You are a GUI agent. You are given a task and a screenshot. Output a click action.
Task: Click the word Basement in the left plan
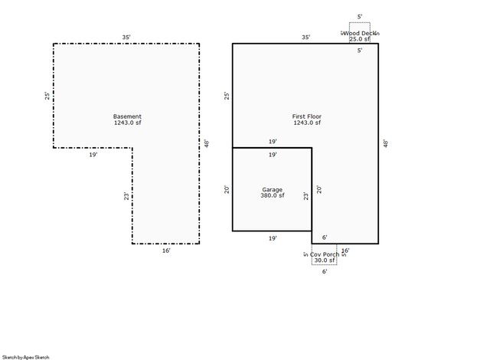(127, 116)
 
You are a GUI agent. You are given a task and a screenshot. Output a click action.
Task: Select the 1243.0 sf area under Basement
(127, 123)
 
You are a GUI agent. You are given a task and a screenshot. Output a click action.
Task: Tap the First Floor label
(307, 116)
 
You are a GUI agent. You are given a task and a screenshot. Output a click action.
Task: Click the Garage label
(272, 188)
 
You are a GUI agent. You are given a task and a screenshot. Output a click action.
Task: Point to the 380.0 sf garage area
(272, 195)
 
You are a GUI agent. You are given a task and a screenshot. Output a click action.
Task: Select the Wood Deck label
(360, 33)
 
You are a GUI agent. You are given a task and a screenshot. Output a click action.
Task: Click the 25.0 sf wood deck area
(360, 39)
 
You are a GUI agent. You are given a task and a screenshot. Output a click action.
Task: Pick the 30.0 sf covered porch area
(324, 260)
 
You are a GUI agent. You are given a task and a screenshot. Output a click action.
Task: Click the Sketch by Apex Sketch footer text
(25, 357)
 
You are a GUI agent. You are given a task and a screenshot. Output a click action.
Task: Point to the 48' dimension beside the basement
(206, 142)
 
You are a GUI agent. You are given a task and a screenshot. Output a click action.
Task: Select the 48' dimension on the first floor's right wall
(385, 142)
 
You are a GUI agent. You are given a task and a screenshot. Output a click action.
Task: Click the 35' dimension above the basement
(126, 37)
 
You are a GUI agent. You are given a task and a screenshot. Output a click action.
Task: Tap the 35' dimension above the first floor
(305, 37)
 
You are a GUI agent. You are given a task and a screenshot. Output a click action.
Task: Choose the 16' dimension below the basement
(166, 250)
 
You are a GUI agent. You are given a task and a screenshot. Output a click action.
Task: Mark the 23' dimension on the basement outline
(127, 195)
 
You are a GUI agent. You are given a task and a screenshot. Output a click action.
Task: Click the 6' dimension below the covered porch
(324, 271)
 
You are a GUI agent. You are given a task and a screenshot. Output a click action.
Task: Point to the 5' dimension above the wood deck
(360, 16)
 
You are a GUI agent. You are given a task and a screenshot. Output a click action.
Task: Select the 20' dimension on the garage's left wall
(227, 189)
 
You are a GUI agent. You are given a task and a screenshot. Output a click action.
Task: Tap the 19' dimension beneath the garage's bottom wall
(272, 238)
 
